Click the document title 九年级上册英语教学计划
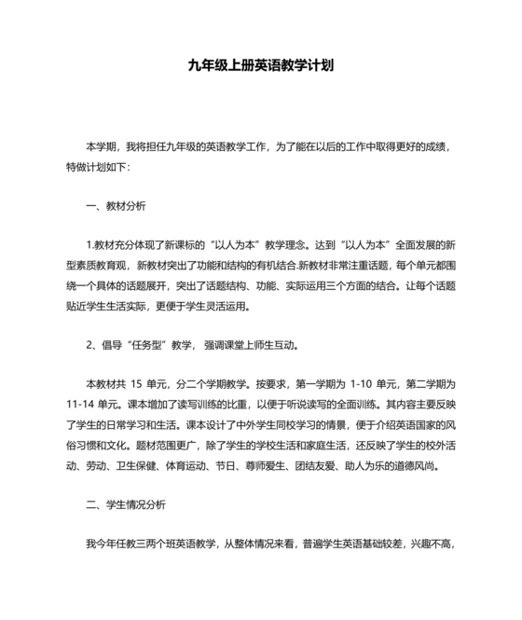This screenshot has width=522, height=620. [x=260, y=68]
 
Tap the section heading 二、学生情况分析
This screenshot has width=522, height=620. [x=125, y=504]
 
